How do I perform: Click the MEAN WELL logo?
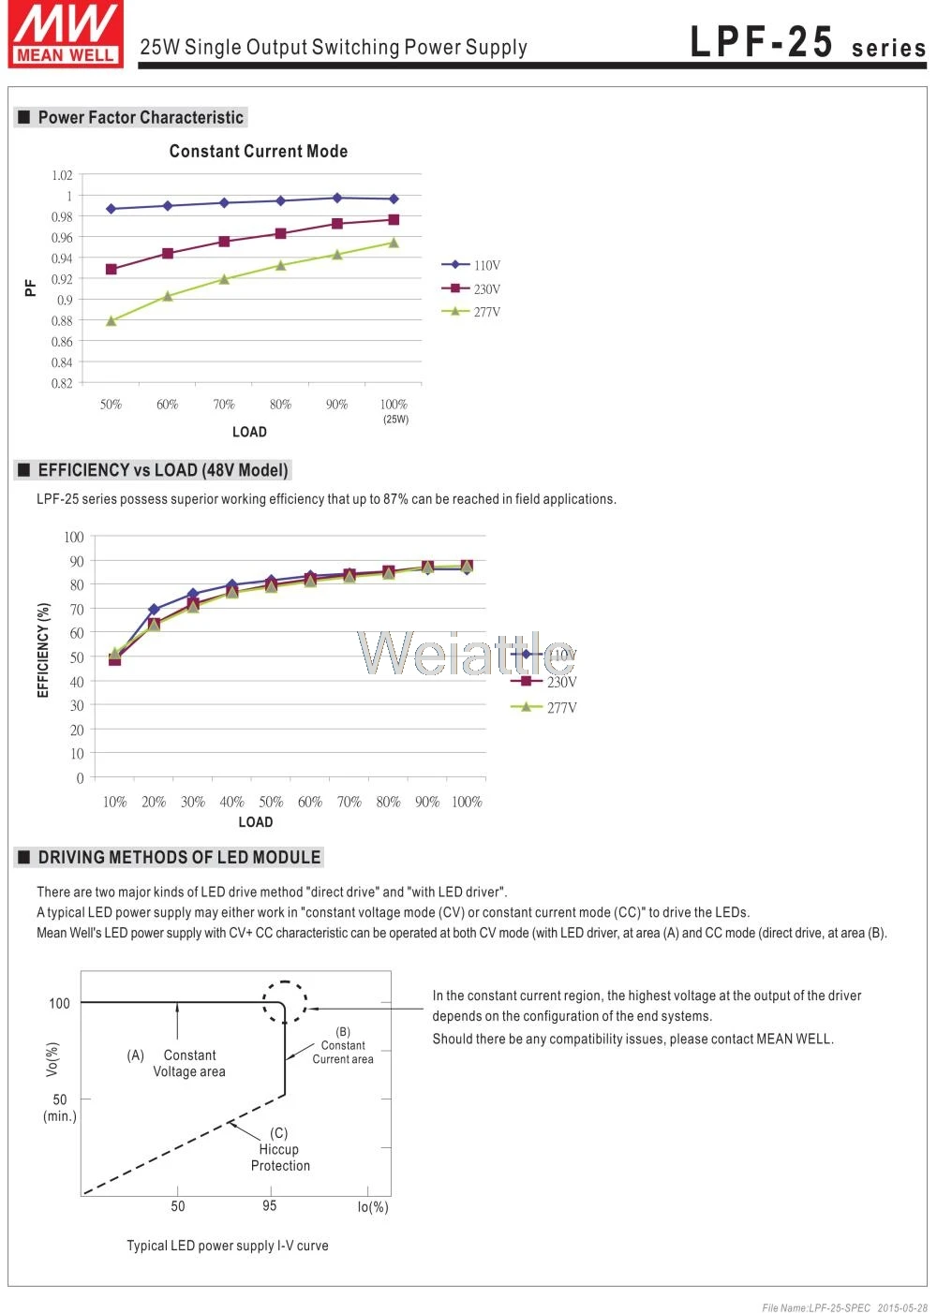(66, 34)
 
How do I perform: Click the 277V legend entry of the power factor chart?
(471, 312)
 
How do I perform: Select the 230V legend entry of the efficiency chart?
(543, 681)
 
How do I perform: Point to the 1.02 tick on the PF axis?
(62, 175)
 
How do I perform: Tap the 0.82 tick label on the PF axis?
(62, 383)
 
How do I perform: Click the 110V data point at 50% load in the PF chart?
(111, 209)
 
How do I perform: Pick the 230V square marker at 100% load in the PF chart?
(394, 220)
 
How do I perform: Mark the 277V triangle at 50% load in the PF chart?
(111, 320)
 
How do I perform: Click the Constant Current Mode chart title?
(258, 151)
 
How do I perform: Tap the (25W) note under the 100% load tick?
(395, 420)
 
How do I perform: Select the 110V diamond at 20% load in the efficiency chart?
(154, 610)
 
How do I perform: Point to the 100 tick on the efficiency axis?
(74, 537)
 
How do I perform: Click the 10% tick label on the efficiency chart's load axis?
(115, 802)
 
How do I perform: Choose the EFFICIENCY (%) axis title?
(43, 650)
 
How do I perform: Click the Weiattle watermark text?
(466, 653)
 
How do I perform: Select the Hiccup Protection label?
(280, 1158)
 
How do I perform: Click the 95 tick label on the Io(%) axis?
(269, 1205)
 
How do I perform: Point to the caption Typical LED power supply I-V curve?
(228, 1245)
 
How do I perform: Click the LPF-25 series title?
(808, 42)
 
